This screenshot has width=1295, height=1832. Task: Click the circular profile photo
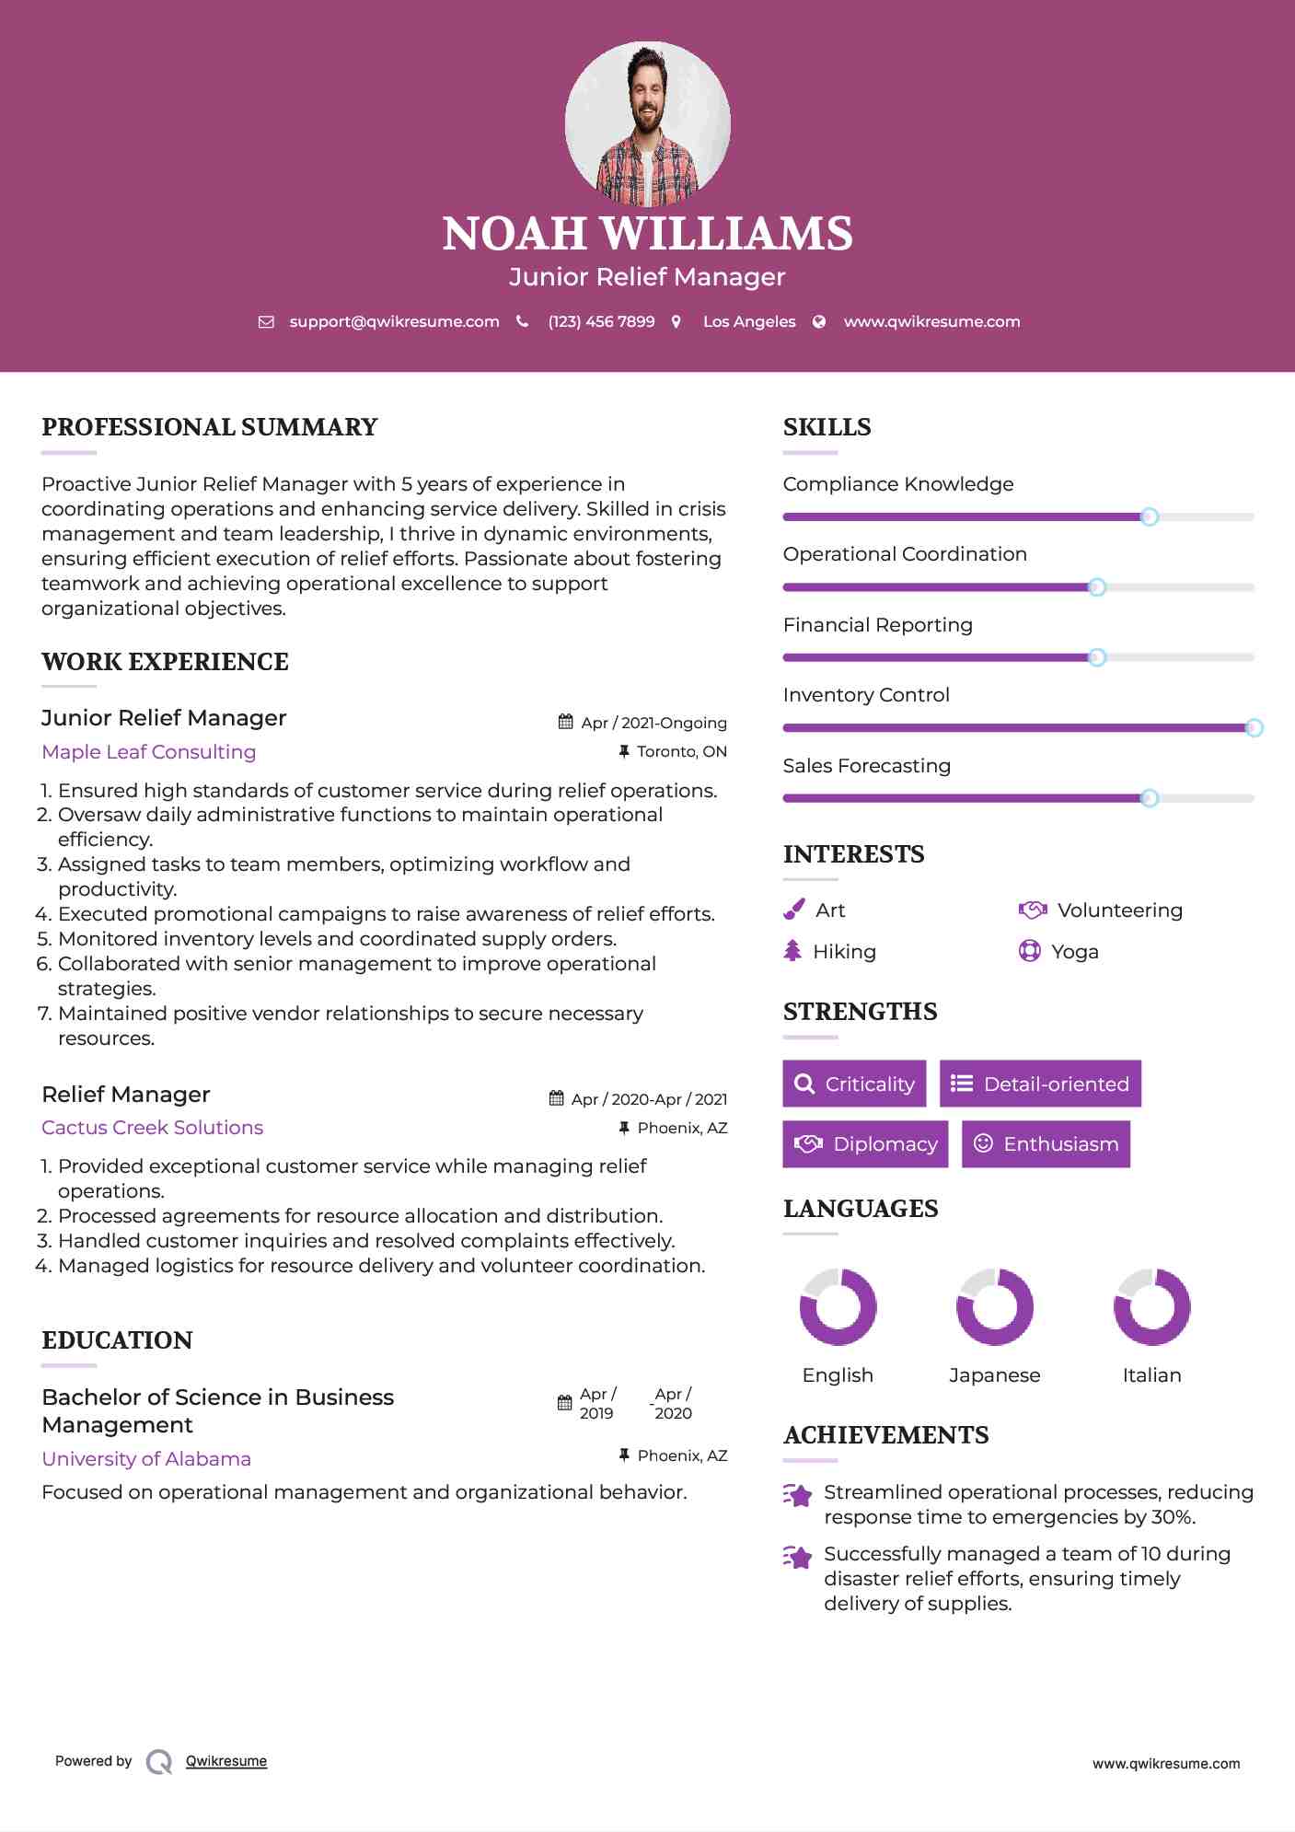coord(647,123)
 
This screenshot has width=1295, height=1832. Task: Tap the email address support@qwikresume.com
coord(394,321)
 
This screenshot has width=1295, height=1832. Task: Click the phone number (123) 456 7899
coord(601,321)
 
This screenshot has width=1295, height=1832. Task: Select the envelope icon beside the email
coord(266,322)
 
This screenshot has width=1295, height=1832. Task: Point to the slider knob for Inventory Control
coord(1254,728)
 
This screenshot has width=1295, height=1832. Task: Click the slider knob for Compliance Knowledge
coord(1149,517)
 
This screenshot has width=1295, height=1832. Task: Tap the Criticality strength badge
coord(854,1084)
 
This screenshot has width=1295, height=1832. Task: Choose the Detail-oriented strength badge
coord(1040,1084)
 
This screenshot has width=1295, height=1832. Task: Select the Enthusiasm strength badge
coord(1046,1143)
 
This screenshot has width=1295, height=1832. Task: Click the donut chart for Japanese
coord(995,1306)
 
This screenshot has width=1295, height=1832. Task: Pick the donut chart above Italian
coord(1151,1306)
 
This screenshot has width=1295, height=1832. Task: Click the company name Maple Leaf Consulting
coord(149,752)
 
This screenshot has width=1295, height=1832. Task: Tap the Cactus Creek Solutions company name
coord(153,1128)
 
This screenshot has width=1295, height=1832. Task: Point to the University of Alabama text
coord(146,1459)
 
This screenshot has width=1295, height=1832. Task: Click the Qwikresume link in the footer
coord(226,1761)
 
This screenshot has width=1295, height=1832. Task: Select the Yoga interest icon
coord(1029,951)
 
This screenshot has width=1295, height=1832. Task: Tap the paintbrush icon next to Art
coord(793,910)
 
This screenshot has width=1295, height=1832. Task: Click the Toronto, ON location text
coord(682,752)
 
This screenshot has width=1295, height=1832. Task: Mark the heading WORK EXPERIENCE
coord(166,662)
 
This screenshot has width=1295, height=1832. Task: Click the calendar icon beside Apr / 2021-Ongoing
coord(566,723)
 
